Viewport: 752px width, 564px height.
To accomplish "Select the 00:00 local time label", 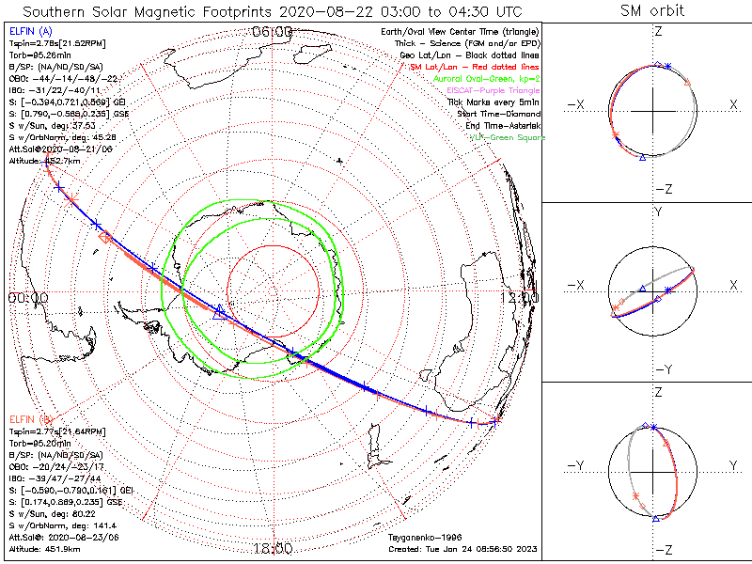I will (x=28, y=298).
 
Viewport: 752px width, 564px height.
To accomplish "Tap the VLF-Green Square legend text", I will (x=507, y=137).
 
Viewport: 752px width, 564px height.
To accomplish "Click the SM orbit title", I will (x=652, y=11).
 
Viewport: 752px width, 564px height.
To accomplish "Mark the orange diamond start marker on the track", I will (x=105, y=238).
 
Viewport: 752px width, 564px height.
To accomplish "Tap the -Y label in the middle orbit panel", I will (x=656, y=369).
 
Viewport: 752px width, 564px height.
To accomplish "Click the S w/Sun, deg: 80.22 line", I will (x=49, y=514).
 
